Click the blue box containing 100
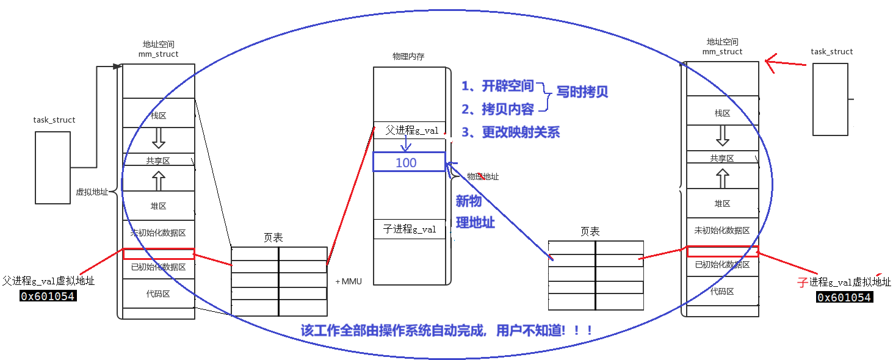click(409, 162)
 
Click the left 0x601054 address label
click(48, 297)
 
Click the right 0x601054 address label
click(844, 298)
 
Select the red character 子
click(803, 282)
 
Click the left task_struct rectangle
click(53, 167)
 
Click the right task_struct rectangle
click(831, 99)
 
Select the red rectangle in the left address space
click(159, 254)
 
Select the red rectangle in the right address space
click(723, 251)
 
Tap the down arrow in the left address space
click(159, 139)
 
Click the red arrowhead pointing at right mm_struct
click(770, 62)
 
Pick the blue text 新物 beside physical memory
click(469, 201)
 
